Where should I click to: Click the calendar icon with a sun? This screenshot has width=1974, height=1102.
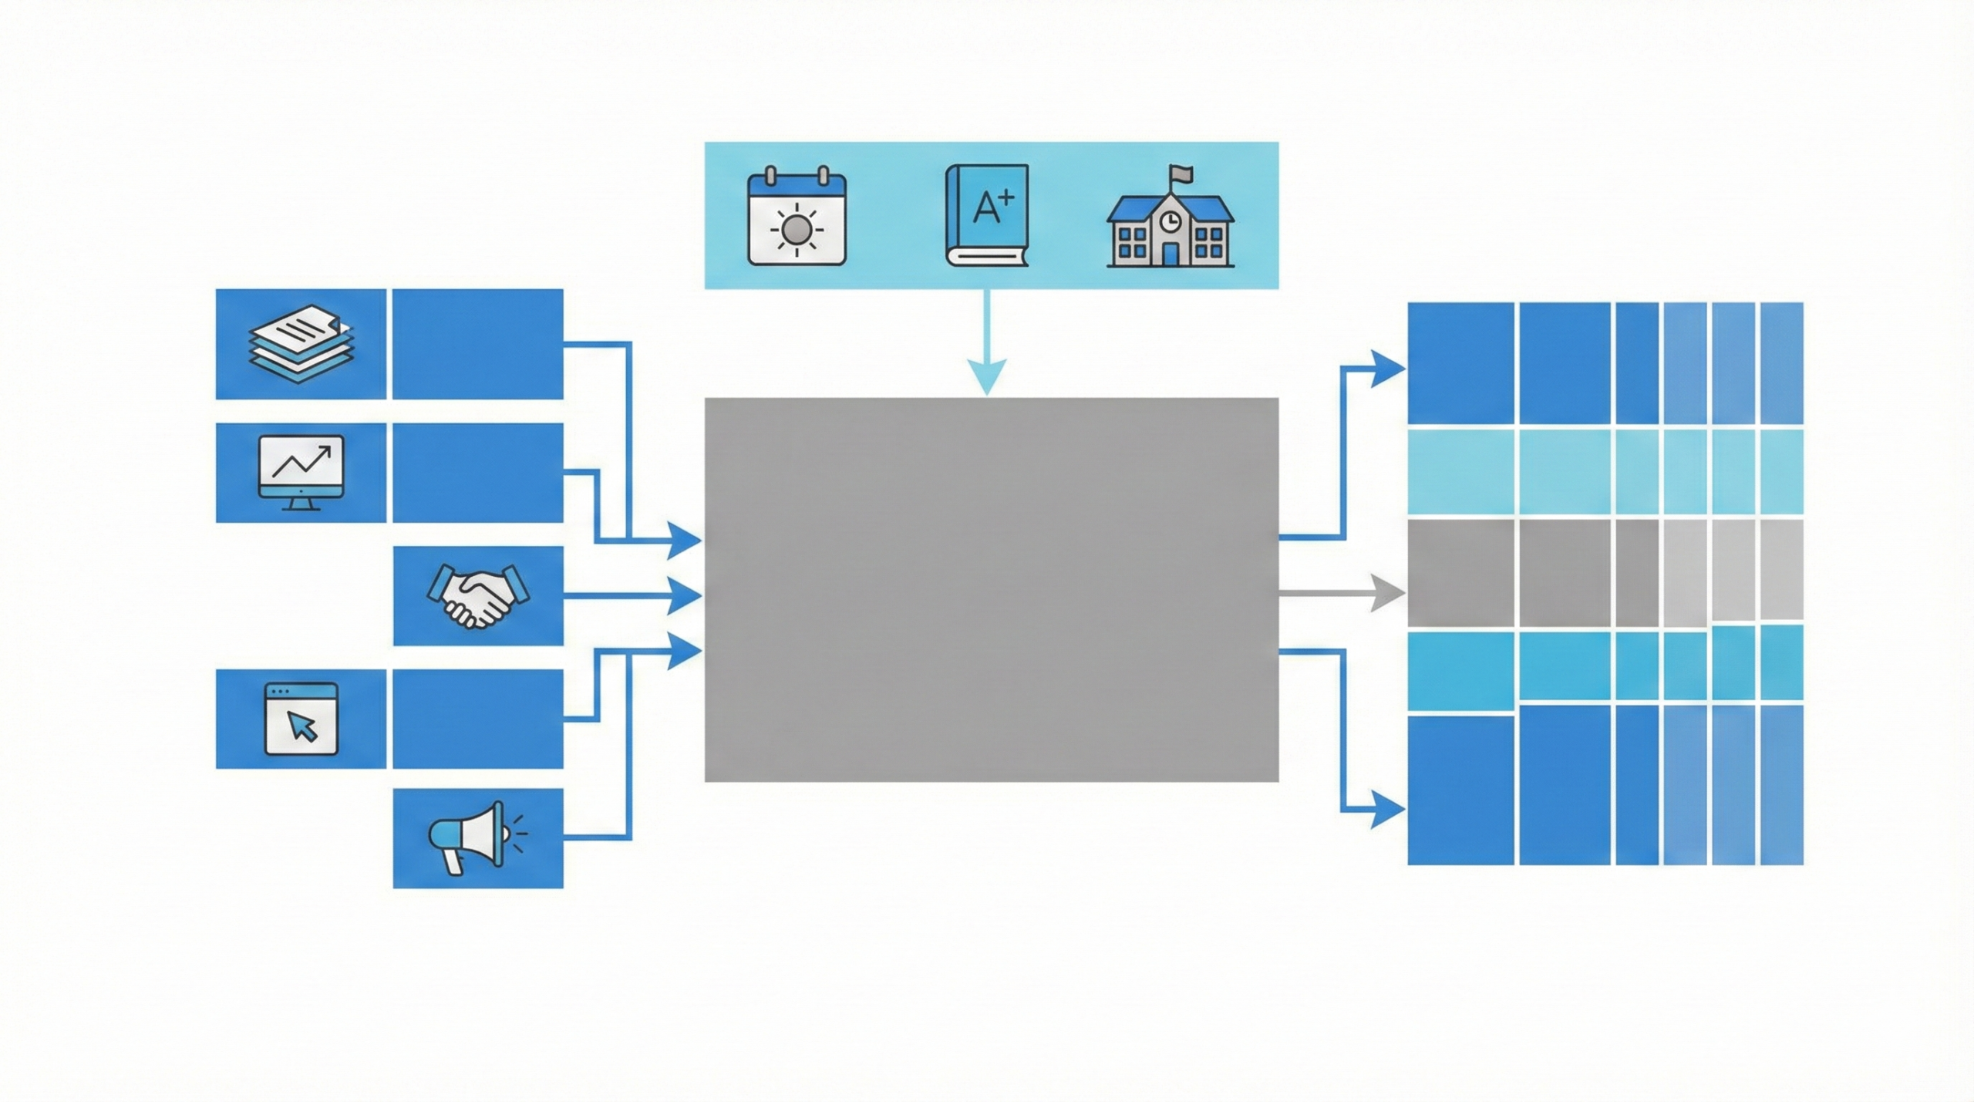pos(797,217)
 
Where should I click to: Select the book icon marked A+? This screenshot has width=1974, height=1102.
pos(987,215)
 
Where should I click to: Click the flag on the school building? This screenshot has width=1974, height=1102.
pos(1180,173)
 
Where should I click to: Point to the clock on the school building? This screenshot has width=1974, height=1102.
pos(1170,221)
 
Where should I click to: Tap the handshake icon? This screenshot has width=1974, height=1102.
pos(478,595)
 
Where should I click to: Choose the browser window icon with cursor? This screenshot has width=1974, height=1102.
pos(301,719)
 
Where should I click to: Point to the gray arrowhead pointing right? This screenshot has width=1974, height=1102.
pos(1388,594)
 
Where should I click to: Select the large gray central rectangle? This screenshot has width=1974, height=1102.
pos(992,590)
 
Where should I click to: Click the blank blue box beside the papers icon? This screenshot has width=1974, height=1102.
pos(478,344)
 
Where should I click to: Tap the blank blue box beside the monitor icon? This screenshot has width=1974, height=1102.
pos(478,472)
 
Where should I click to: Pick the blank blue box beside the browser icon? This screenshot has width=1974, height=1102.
pos(478,719)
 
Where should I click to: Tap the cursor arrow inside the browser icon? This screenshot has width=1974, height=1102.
pos(302,726)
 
